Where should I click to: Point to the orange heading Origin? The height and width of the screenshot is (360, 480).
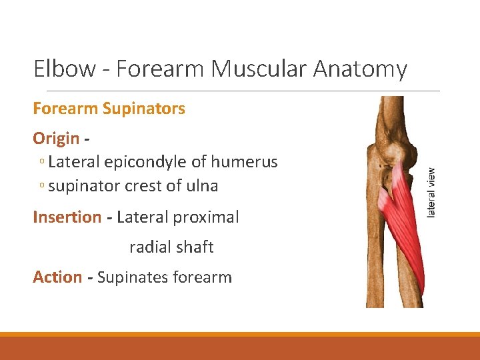[x=56, y=139]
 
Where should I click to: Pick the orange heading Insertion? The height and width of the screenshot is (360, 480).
[x=67, y=217]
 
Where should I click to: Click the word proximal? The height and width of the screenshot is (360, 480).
[x=206, y=217]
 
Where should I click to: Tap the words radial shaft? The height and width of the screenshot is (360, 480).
[x=171, y=247]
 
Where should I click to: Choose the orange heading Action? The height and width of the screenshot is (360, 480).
[x=57, y=277]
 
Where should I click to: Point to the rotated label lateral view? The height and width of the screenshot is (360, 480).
[x=431, y=193]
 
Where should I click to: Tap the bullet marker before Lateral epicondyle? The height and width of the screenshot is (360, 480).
[x=41, y=163]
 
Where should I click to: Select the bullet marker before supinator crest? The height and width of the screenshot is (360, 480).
[x=41, y=187]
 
